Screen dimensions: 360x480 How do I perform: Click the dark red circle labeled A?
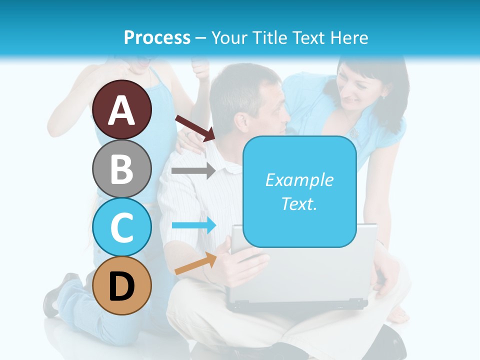click(122, 110)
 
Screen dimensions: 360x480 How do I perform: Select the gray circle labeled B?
click(122, 168)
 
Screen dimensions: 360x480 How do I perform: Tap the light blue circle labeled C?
click(122, 227)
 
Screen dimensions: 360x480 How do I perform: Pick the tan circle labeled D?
click(122, 285)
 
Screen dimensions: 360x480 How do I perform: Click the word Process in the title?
click(157, 37)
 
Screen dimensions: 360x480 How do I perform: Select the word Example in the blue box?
click(299, 180)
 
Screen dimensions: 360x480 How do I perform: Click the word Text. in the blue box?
click(299, 203)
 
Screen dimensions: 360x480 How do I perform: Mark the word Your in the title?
click(229, 37)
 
